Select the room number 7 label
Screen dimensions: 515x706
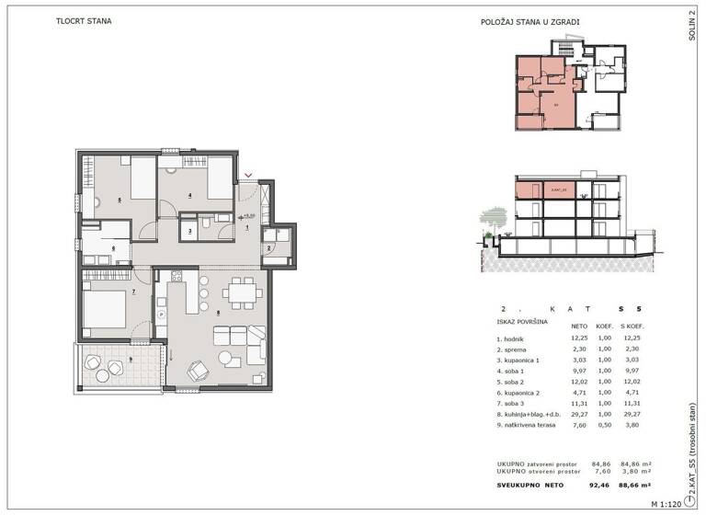pyautogui.click(x=133, y=292)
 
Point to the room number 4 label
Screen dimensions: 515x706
pyautogui.click(x=189, y=195)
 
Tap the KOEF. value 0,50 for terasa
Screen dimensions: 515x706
pyautogui.click(x=604, y=425)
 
